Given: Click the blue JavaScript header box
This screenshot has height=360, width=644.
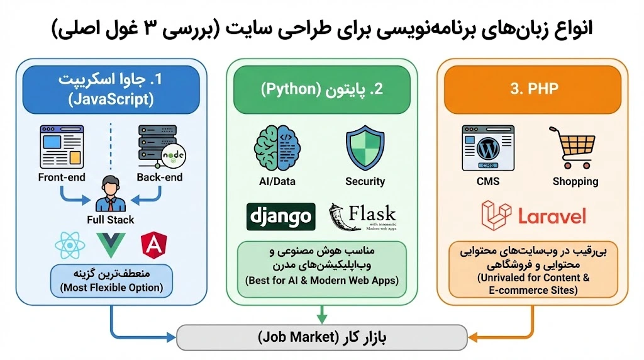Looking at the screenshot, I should (111, 88).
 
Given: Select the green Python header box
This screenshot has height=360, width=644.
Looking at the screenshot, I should (322, 89).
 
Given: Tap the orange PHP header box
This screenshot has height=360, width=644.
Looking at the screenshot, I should (533, 89).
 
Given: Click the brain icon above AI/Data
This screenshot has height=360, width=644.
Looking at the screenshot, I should (275, 147).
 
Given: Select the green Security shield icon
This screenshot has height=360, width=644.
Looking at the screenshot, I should (365, 147).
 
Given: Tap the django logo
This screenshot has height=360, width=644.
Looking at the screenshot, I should (280, 217).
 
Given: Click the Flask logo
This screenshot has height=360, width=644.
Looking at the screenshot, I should (363, 217).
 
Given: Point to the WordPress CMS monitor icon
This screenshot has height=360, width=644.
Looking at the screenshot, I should (488, 148).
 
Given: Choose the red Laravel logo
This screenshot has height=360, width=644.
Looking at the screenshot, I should (533, 214).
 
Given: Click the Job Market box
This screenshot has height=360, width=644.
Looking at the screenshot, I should (322, 337).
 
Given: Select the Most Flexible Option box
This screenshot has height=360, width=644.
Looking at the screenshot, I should (111, 281).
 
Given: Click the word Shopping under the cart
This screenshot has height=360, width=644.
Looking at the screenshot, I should (575, 181).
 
